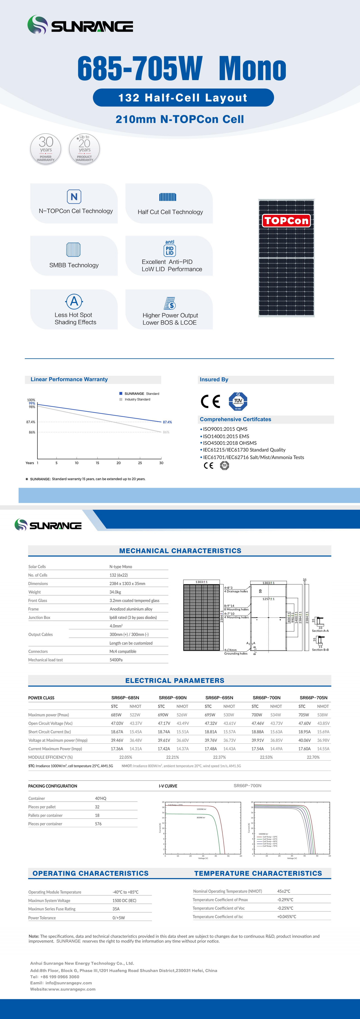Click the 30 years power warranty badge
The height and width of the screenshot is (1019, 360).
point(46,149)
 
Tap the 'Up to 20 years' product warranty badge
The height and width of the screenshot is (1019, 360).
point(84,149)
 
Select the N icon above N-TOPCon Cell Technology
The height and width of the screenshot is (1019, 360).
point(74,197)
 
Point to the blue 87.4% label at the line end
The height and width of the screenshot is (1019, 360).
point(167,422)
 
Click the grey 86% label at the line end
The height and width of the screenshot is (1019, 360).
point(166,432)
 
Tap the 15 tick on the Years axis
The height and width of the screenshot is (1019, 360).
point(97,463)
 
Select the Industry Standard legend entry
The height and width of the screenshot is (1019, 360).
point(137,399)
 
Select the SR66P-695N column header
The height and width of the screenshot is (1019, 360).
point(219,698)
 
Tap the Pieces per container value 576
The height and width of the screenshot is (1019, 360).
point(98,824)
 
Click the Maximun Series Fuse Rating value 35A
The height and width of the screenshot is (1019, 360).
point(116,909)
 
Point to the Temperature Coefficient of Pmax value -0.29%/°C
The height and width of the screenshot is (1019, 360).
point(285,900)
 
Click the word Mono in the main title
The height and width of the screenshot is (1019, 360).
point(252,69)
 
